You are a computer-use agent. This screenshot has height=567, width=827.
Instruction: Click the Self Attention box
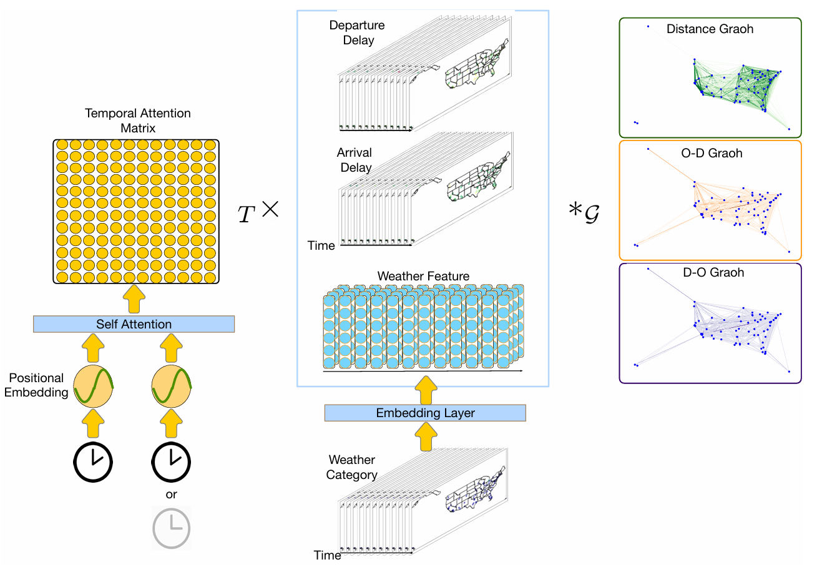(134, 324)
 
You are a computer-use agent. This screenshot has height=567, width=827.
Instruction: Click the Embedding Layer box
(425, 413)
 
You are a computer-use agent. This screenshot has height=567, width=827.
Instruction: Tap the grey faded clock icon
(171, 529)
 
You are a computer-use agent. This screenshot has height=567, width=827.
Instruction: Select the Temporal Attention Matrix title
(137, 121)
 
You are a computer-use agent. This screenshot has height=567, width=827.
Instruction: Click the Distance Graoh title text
(710, 29)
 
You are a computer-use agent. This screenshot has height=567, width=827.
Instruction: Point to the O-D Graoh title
(712, 154)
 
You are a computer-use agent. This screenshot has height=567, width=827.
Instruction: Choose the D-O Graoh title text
(713, 273)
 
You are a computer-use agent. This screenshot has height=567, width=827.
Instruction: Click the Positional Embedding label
(36, 385)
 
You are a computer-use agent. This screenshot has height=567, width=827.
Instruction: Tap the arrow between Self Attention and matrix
(134, 300)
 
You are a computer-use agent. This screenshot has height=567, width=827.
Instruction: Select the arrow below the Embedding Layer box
(426, 436)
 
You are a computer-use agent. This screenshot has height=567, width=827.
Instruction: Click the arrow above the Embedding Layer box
(426, 390)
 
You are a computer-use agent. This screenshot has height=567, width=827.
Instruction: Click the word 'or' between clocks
(171, 495)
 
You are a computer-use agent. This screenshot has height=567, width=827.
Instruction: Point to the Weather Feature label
(423, 276)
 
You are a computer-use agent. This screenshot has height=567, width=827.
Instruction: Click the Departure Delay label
(357, 33)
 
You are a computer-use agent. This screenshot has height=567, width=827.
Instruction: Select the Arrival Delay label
(355, 160)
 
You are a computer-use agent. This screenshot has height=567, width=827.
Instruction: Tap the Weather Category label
(351, 467)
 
